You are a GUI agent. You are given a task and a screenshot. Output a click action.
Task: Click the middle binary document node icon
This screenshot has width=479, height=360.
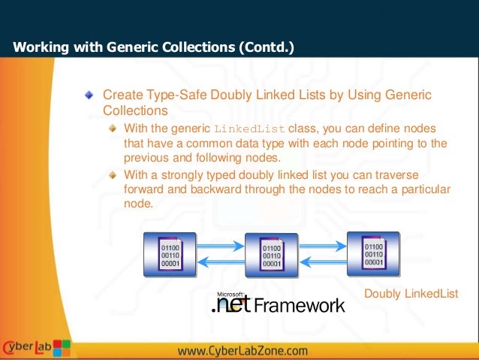point(272,255)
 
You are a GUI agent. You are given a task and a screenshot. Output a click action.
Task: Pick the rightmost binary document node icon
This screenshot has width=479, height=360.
point(373,253)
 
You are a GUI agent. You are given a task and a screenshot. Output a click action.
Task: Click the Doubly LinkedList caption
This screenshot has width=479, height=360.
point(410,293)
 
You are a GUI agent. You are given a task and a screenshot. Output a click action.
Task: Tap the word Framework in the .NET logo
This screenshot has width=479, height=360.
point(300,305)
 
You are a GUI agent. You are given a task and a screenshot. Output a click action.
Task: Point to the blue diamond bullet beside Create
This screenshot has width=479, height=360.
point(89,95)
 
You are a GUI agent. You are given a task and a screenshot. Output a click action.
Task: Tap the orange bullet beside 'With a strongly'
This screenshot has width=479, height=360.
point(112,174)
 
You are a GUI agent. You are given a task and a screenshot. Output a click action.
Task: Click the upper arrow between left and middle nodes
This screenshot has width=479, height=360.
point(221,244)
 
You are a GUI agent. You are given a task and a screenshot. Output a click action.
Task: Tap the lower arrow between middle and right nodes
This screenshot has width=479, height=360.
point(323,260)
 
